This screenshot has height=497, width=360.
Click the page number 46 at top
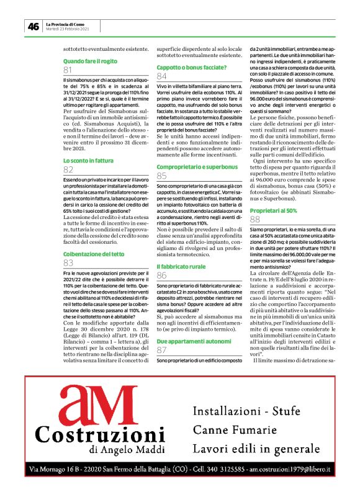point(33,26)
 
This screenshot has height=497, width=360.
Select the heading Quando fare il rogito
point(91,61)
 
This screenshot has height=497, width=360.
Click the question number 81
point(68,70)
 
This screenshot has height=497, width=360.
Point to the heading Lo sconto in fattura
point(88,161)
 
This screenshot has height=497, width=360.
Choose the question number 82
point(68,170)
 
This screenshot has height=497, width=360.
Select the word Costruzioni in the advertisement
point(100,434)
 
